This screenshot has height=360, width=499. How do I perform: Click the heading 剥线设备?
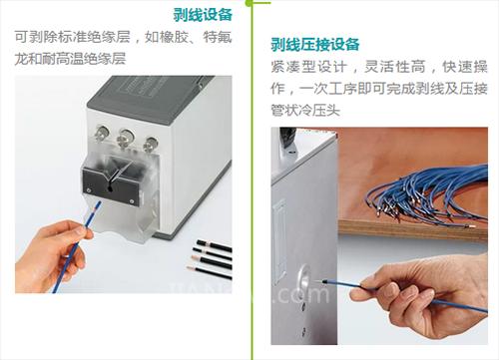(x=203, y=15)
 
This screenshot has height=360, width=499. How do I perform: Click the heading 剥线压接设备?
(x=315, y=45)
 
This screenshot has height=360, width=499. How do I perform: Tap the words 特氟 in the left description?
(x=218, y=37)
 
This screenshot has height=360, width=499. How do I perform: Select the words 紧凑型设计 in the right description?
(x=308, y=67)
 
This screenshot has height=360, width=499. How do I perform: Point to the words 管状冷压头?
(x=305, y=110)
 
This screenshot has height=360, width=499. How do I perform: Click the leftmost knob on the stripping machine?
(x=101, y=133)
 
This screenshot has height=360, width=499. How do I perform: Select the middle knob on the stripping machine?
(x=126, y=137)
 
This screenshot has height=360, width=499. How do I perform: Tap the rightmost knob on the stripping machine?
(x=151, y=144)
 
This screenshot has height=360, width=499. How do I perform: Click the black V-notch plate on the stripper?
(x=111, y=185)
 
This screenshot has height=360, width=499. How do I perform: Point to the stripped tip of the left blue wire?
(x=97, y=208)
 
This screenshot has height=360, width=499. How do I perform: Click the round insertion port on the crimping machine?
(x=304, y=278)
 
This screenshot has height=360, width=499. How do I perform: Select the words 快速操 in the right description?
(x=465, y=67)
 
